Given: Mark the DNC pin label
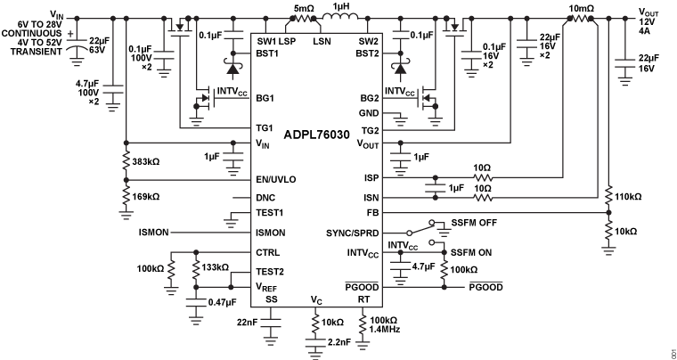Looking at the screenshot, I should click(x=266, y=197).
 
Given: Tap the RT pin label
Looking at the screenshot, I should click(x=363, y=299).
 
